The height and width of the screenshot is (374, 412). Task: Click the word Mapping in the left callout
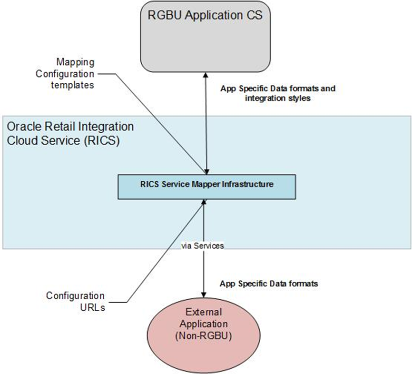click(75, 62)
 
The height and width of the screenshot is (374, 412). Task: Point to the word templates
click(76, 85)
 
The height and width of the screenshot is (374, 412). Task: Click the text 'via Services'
click(203, 246)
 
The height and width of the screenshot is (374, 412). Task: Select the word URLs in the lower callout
click(93, 307)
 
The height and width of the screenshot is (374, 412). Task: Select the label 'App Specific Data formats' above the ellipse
click(269, 283)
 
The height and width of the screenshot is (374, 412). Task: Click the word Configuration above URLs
click(75, 295)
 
